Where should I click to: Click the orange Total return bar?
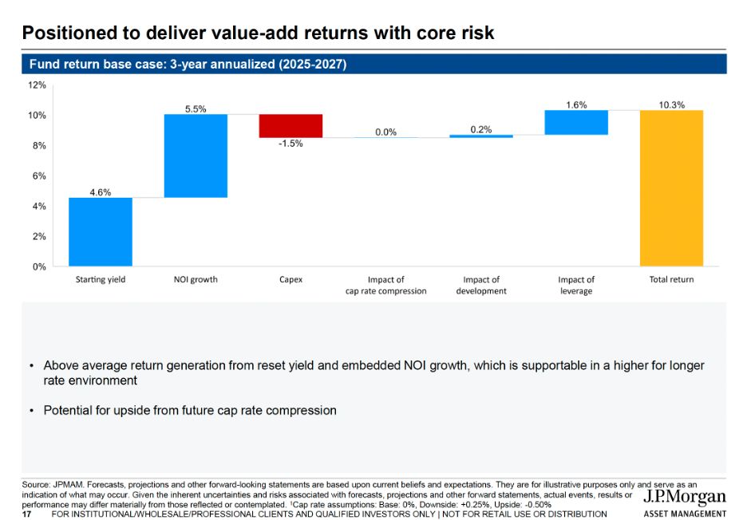[671, 188]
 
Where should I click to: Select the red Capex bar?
[290, 126]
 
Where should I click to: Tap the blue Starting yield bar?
[101, 231]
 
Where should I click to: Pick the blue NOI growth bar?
[196, 156]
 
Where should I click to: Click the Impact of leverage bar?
[575, 122]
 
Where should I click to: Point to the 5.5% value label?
[196, 108]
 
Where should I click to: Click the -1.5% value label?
[290, 144]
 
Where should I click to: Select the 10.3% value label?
[672, 104]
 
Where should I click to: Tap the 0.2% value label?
[481, 129]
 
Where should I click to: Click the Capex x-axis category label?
[290, 280]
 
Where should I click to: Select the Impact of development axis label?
[481, 286]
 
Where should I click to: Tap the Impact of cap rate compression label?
[385, 286]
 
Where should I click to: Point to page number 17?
[26, 514]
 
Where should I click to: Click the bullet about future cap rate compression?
[190, 411]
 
